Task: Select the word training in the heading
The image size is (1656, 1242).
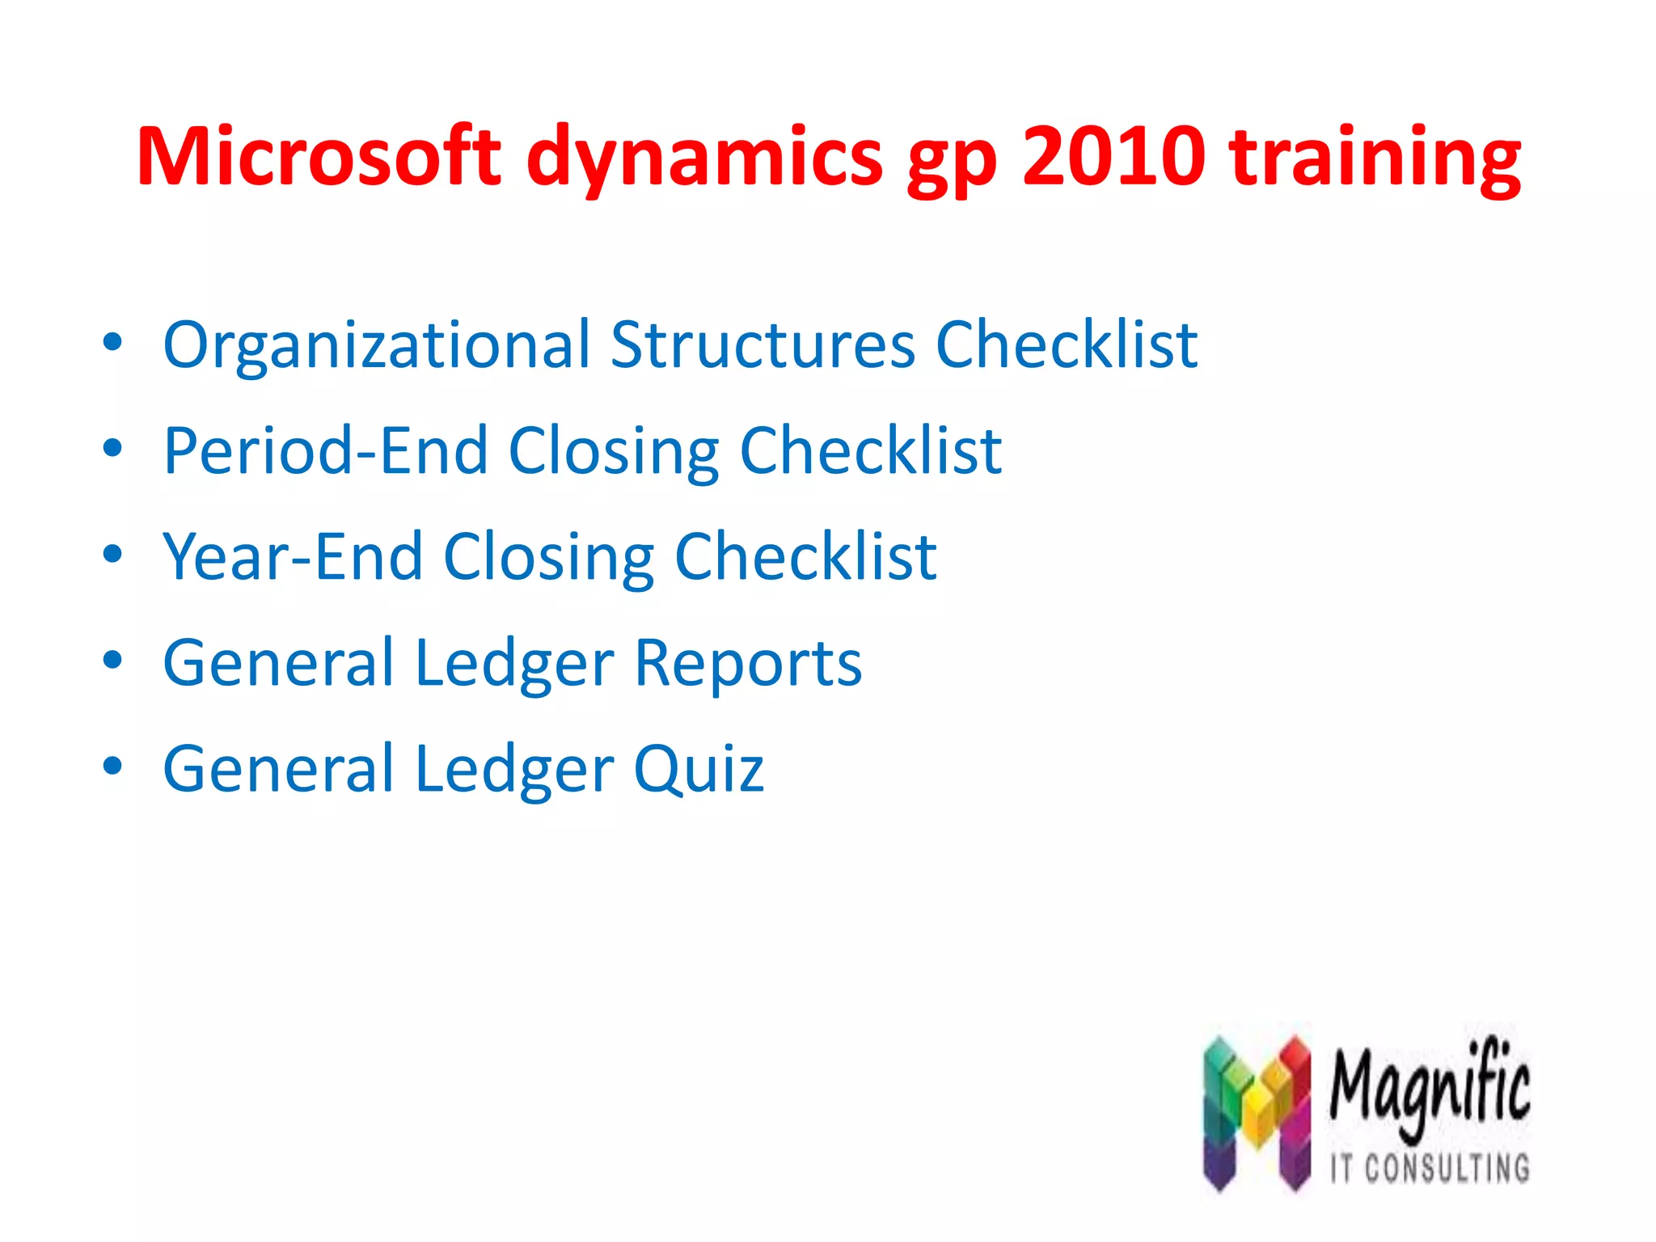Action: [x=1375, y=158]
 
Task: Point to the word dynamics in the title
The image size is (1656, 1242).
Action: [x=704, y=158]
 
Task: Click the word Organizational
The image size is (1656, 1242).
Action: [x=377, y=346]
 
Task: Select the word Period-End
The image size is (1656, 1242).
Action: [x=325, y=451]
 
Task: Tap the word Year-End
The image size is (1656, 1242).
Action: [x=293, y=557]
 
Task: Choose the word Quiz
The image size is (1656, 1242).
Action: [x=698, y=769]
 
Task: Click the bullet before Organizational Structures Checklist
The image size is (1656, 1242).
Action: [x=112, y=343]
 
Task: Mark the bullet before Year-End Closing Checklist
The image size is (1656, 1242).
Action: [x=112, y=555]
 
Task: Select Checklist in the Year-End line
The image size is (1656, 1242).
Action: [x=805, y=557]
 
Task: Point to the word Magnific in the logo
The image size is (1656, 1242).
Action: [x=1430, y=1088]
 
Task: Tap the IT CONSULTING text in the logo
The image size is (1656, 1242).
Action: [x=1430, y=1168]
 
